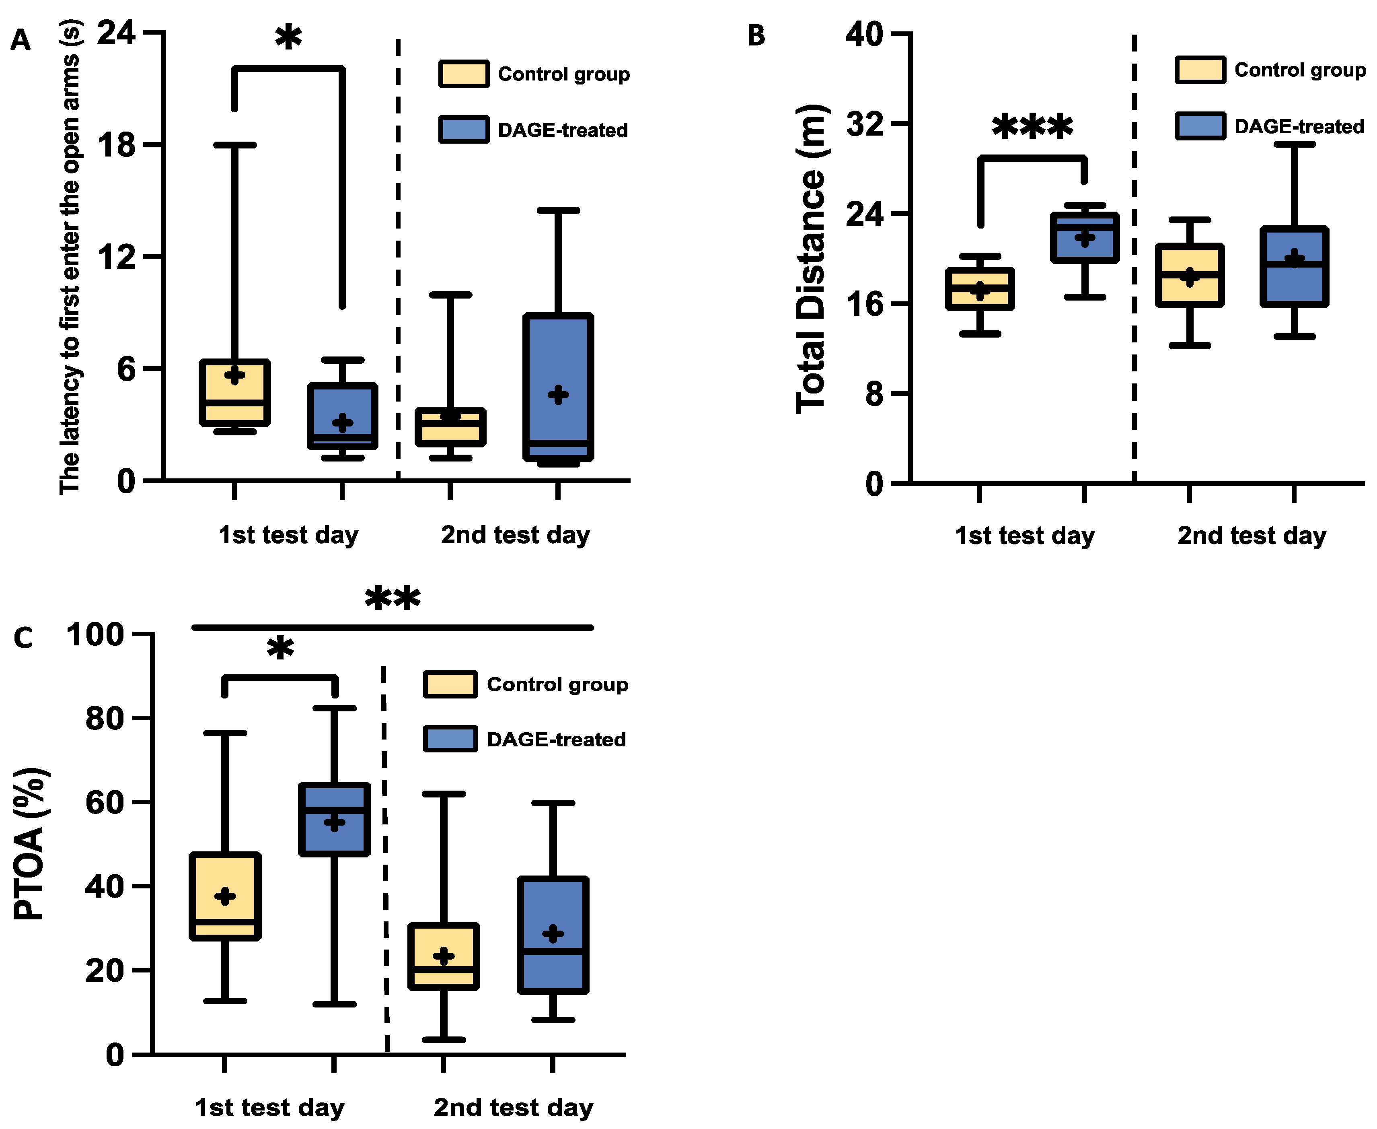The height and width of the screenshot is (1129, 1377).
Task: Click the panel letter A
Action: click(x=20, y=40)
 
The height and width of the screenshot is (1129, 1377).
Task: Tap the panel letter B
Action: click(x=756, y=36)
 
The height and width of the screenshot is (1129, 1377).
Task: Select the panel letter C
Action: click(x=23, y=638)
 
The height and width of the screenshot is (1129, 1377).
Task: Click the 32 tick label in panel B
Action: click(x=865, y=124)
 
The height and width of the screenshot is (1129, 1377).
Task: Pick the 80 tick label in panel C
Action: click(x=104, y=718)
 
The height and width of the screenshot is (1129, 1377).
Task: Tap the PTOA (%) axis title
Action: click(x=29, y=843)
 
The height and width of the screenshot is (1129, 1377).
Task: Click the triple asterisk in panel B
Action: click(x=1032, y=127)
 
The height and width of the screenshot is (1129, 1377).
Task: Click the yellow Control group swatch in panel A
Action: click(x=464, y=74)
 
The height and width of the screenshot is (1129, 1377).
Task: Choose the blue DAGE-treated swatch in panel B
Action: click(x=1200, y=126)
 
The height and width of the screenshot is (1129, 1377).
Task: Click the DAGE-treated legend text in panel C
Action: click(x=556, y=740)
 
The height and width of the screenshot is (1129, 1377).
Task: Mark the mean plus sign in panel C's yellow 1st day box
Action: click(x=225, y=896)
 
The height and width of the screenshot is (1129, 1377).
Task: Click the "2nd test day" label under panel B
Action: click(x=1252, y=536)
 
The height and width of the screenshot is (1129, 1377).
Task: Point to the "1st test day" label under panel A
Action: click(x=288, y=535)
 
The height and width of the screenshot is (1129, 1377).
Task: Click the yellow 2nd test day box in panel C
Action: click(x=444, y=956)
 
